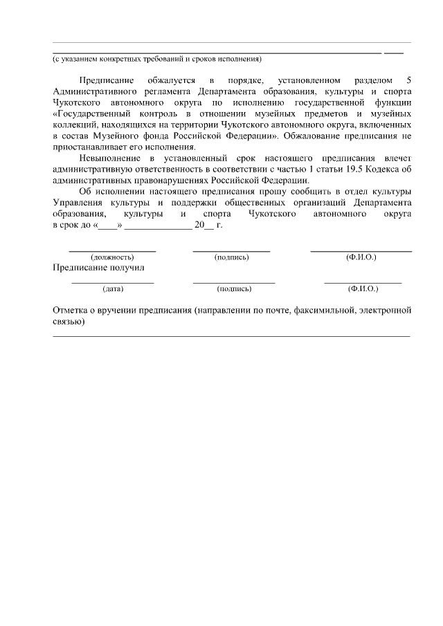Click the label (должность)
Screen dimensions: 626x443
112,257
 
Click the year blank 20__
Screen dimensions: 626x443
204,225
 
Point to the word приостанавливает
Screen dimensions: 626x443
89,147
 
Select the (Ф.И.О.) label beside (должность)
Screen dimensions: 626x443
361,257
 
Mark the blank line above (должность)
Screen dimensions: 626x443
112,250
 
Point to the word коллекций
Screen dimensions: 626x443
75,125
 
